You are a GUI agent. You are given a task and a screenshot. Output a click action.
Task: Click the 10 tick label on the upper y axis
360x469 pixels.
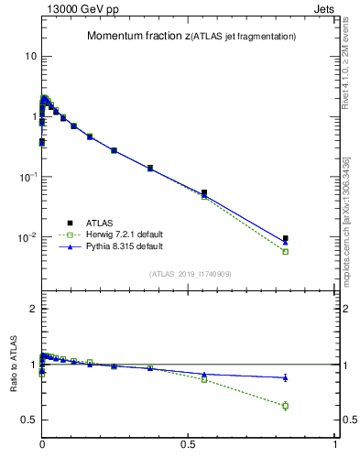pyautogui.click(x=30, y=56)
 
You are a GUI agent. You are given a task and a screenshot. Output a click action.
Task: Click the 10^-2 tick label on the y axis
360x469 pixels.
pyautogui.click(x=27, y=237)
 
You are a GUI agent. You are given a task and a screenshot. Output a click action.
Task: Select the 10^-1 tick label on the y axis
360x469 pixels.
pyautogui.click(x=27, y=177)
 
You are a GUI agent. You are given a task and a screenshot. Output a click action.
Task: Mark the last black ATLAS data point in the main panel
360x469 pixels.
pyautogui.click(x=286, y=238)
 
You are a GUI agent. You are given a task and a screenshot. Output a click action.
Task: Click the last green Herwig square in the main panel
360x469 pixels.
pyautogui.click(x=286, y=251)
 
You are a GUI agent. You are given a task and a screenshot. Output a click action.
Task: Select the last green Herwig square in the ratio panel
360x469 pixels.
pyautogui.click(x=286, y=406)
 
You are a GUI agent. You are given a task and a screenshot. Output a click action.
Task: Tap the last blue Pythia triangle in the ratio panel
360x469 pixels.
pyautogui.click(x=286, y=377)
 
